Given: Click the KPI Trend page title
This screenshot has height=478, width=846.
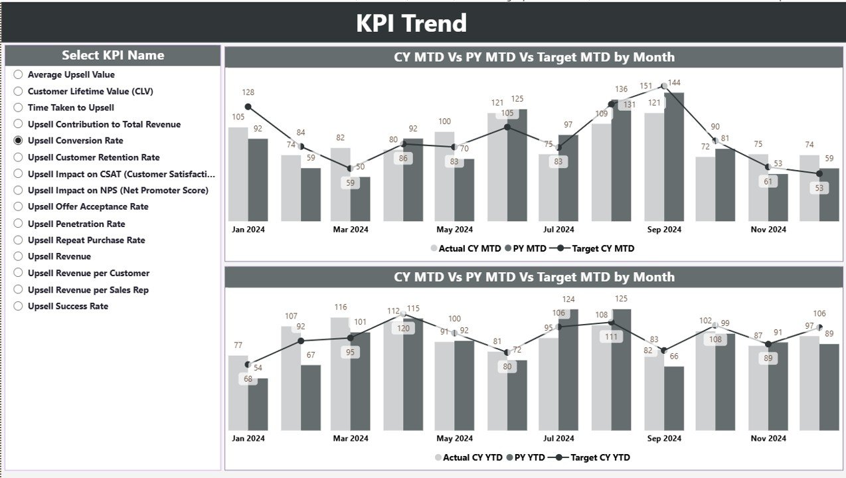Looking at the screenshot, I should point(411,23).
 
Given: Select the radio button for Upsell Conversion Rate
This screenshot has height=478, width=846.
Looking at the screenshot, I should point(18,141).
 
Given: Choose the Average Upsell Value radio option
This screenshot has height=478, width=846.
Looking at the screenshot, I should point(18,75).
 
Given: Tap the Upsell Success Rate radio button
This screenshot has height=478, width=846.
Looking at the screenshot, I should point(18,306).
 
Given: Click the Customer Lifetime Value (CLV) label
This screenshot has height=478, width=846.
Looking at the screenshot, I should point(90,91).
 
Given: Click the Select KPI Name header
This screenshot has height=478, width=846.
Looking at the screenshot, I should point(113,56).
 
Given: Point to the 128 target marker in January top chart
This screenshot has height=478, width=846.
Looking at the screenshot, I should point(248,107).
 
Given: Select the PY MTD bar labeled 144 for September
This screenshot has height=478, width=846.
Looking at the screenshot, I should point(674,159).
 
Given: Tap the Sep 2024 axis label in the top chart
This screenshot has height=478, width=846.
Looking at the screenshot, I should point(664,230).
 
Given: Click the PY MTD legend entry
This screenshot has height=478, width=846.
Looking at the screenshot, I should point(526,248).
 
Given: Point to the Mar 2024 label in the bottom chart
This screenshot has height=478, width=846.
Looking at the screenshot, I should point(351,438).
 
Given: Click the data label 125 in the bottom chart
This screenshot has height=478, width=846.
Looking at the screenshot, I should point(622,299).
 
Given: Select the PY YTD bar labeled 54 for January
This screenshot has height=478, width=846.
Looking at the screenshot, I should point(258,405).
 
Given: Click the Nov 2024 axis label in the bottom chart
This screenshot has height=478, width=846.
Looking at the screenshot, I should point(768,438).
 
